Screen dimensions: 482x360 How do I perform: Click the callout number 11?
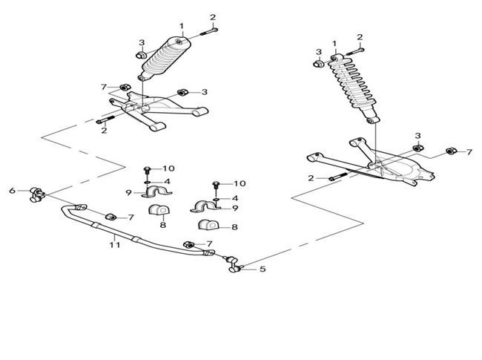point(115,245)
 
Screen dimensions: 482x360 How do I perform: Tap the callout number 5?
point(263,269)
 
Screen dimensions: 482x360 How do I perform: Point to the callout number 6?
point(13,191)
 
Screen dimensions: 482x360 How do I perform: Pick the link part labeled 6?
point(36,194)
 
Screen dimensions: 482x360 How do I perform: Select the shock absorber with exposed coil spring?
point(354,88)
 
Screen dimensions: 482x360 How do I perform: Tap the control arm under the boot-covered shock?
point(156,109)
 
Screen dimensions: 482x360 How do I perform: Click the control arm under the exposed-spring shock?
point(372,163)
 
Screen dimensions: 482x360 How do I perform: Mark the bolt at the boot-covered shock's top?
point(209,31)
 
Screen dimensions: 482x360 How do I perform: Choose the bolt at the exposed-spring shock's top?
point(355,51)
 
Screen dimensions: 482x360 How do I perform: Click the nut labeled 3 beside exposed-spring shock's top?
point(318,64)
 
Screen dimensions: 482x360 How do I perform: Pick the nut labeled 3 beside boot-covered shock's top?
point(141,56)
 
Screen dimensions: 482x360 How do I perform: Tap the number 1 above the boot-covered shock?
point(182,26)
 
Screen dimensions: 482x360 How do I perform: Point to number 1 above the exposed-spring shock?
point(334,44)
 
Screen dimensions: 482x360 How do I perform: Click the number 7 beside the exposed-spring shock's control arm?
point(469,151)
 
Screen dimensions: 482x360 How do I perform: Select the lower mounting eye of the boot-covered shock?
point(142,77)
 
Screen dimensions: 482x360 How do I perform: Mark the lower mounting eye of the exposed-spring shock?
point(372,120)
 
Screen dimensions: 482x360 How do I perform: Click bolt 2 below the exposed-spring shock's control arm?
point(337,177)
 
